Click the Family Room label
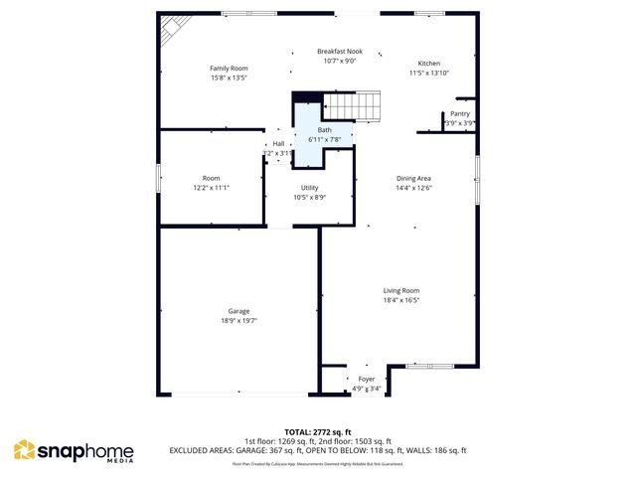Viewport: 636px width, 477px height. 228,68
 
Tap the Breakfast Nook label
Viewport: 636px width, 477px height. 340,51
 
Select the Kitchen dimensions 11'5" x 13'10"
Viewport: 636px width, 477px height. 429,73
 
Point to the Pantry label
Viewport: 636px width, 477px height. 460,113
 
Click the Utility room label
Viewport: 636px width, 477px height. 309,188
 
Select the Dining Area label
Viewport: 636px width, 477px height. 413,178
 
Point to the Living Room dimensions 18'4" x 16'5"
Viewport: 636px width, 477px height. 402,299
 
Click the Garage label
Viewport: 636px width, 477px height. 238,311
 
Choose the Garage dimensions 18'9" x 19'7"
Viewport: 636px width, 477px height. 238,321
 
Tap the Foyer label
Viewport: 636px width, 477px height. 366,379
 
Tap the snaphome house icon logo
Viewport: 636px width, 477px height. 24,451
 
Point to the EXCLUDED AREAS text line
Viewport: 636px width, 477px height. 318,450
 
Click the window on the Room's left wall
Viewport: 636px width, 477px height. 159,178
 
